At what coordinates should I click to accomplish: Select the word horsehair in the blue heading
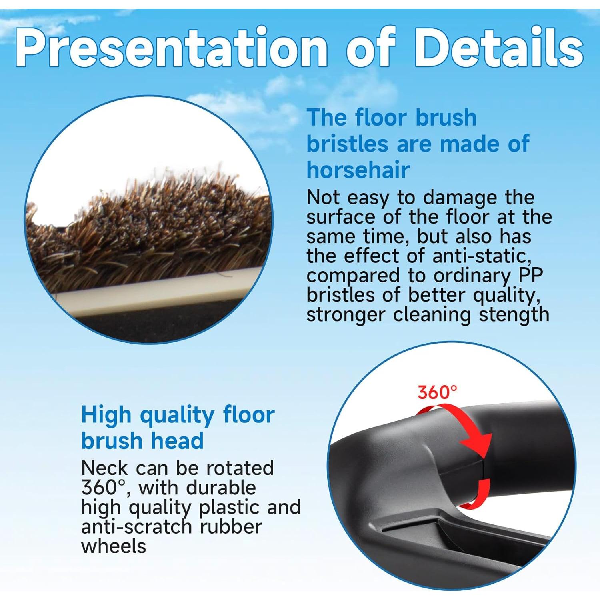(358, 170)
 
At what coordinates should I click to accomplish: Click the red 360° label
(437, 392)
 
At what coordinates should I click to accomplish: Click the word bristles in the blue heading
(347, 144)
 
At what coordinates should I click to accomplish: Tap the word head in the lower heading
(173, 441)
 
